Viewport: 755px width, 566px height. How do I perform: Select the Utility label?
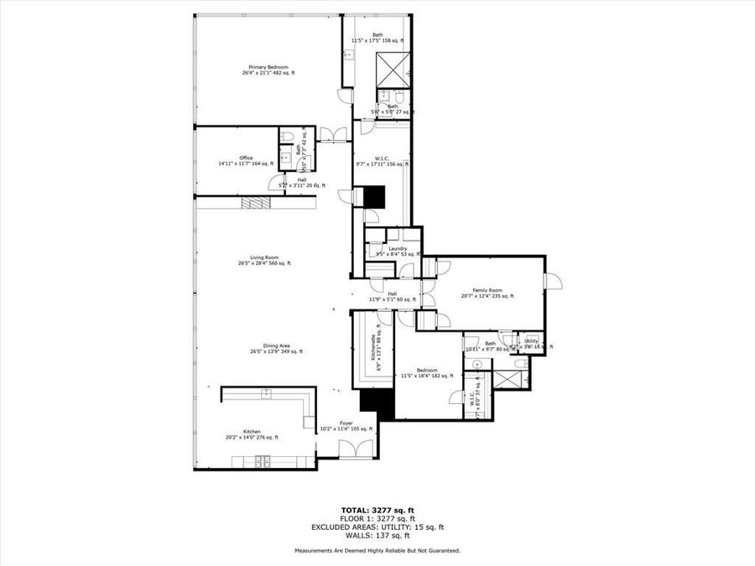tap(531, 342)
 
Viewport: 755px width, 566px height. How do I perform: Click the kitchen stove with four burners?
tap(261, 460)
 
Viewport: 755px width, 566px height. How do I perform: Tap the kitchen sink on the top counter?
tap(266, 393)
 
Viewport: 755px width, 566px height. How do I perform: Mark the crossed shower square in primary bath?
tap(393, 67)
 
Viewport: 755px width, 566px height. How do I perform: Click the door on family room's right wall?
tap(553, 282)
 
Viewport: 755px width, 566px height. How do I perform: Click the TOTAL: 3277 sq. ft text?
tap(377, 510)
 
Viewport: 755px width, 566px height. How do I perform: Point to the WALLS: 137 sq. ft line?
tap(377, 535)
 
